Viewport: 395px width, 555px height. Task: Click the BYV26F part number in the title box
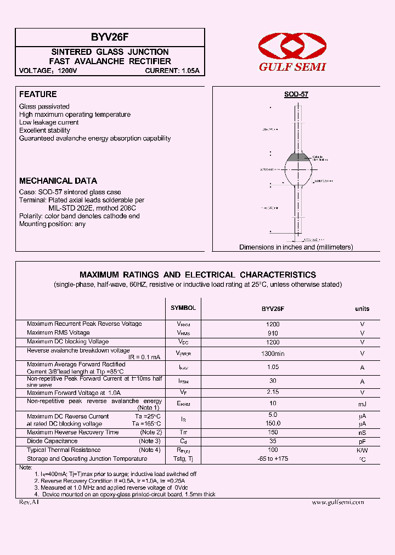110,38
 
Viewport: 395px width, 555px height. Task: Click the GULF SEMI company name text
292,66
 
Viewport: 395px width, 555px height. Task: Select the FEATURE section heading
38,94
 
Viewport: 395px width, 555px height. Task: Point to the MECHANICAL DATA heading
58,180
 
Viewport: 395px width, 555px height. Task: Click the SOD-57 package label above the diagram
296,94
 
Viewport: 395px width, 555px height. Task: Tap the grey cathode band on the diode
296,158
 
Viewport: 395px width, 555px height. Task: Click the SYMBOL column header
183,308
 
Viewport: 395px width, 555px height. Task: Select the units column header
362,309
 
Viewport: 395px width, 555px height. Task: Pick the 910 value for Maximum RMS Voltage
273,333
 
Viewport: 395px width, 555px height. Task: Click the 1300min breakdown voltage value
273,353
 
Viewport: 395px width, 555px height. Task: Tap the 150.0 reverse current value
273,423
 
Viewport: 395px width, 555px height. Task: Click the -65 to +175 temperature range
273,459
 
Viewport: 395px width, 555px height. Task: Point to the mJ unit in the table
362,404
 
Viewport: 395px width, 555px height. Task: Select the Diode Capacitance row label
52,441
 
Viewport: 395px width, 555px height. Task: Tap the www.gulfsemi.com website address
337,502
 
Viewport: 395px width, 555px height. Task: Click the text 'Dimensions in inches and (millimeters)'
296,247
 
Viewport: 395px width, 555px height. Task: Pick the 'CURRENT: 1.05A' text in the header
172,71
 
